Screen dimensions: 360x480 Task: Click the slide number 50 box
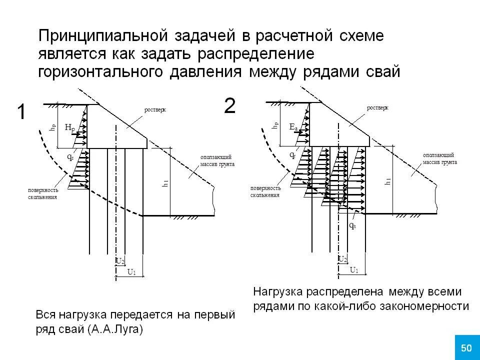(x=466, y=347)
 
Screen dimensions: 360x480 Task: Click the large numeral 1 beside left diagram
(x=21, y=112)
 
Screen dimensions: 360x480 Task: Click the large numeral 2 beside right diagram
(x=229, y=106)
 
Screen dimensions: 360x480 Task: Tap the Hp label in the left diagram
(x=69, y=128)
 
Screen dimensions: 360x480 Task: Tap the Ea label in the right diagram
(x=293, y=127)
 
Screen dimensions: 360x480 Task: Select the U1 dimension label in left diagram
(x=131, y=272)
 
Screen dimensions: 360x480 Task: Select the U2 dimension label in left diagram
(x=120, y=260)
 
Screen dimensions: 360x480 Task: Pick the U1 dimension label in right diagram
(x=354, y=270)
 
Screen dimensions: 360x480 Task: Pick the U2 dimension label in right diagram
(x=342, y=259)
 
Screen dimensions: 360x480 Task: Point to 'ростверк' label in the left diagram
(x=155, y=109)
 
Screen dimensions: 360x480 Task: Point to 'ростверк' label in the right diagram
(x=377, y=108)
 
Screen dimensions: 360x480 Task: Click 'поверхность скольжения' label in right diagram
(x=265, y=191)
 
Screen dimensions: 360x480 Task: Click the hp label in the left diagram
(x=52, y=127)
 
